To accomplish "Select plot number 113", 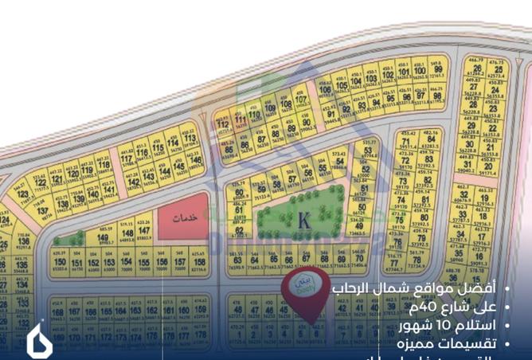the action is (190, 141).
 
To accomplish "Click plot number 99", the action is (437, 72).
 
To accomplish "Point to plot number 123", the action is (22, 194).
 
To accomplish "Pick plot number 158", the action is (200, 263).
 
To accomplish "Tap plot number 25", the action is (499, 71).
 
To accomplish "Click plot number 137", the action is (45, 211).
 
